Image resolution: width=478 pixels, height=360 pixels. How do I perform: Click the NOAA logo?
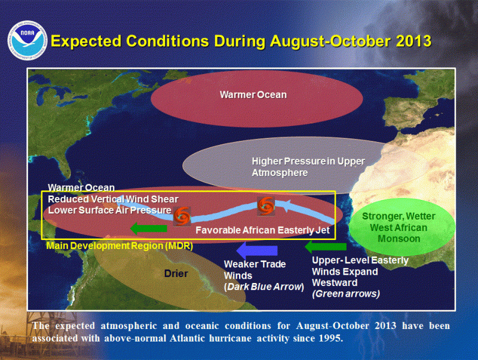coord(27,40)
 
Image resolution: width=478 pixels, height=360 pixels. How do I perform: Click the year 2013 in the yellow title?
coord(413,41)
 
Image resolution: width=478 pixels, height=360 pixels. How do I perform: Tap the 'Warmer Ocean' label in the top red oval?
coord(253,95)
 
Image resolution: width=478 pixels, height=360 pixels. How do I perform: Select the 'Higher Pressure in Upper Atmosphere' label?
coord(308,167)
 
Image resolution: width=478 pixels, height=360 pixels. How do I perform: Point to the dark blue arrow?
coord(257,250)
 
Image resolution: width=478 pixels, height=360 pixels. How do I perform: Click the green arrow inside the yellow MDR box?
coord(149,228)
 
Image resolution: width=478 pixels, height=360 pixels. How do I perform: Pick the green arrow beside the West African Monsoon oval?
coord(326,247)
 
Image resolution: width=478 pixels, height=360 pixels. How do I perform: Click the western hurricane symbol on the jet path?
coord(182,217)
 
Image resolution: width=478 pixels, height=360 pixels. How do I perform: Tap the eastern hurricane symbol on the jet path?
coord(266,206)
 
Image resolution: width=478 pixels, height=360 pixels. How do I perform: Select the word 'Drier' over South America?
coord(176,273)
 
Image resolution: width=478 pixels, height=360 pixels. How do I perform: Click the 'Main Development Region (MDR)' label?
coord(119,246)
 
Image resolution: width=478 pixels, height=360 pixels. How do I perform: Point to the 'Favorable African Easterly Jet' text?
coord(262,230)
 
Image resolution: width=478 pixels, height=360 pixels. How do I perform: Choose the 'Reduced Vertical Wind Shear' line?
coord(113,199)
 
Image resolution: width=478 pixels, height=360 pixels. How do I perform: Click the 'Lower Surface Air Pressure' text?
coord(110,210)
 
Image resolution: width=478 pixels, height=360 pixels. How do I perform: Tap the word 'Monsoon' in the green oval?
coord(399,238)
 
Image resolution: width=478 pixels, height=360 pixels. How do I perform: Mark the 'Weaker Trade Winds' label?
coord(255,270)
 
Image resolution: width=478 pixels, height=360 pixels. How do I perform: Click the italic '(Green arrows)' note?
coord(346,294)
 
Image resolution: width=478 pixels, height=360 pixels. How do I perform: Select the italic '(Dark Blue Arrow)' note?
coord(264,287)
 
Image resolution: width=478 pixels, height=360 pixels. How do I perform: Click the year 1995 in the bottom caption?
coord(331,338)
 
